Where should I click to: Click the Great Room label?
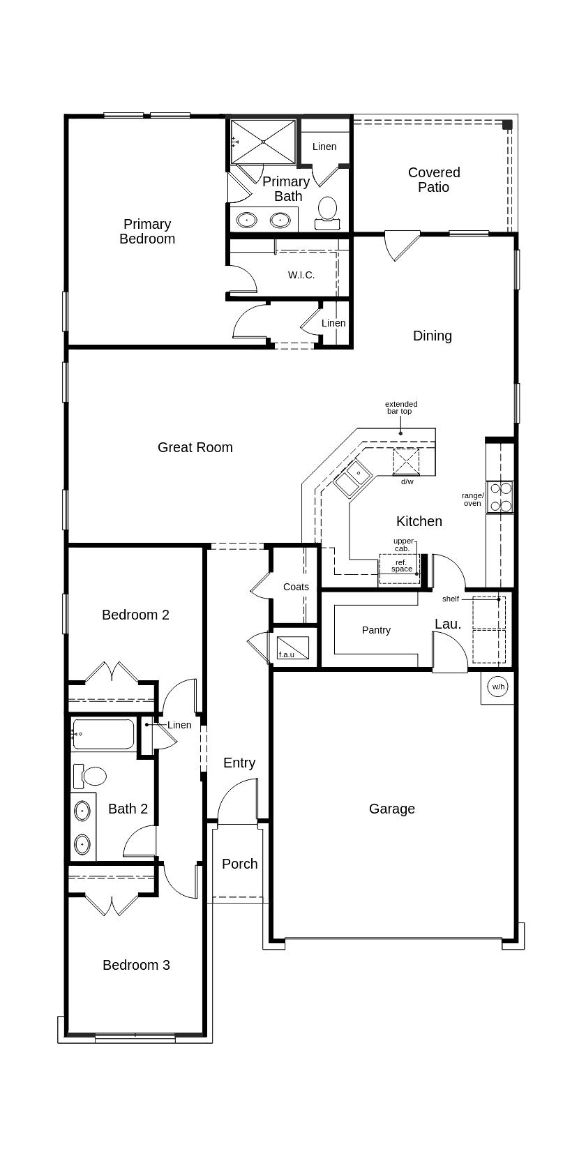pyautogui.click(x=195, y=447)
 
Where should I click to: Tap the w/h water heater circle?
pyautogui.click(x=497, y=687)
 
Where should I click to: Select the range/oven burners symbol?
pyautogui.click(x=499, y=497)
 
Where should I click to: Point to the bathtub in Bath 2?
pyautogui.click(x=103, y=734)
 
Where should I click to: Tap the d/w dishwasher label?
pyautogui.click(x=407, y=481)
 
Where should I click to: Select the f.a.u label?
pyautogui.click(x=286, y=654)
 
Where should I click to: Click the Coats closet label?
pyautogui.click(x=296, y=587)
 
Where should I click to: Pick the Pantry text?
pyautogui.click(x=376, y=630)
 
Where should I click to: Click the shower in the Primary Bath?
pyautogui.click(x=263, y=142)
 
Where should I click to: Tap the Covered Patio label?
pyautogui.click(x=434, y=179)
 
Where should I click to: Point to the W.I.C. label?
pyautogui.click(x=301, y=275)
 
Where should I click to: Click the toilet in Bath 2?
pyautogui.click(x=90, y=775)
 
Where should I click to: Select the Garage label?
pyautogui.click(x=391, y=809)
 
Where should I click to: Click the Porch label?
pyautogui.click(x=239, y=864)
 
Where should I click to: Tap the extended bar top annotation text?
pyautogui.click(x=401, y=407)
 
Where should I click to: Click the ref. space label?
pyautogui.click(x=401, y=566)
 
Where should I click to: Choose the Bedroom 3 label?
pyautogui.click(x=136, y=965)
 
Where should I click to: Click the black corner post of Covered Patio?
pyautogui.click(x=507, y=125)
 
